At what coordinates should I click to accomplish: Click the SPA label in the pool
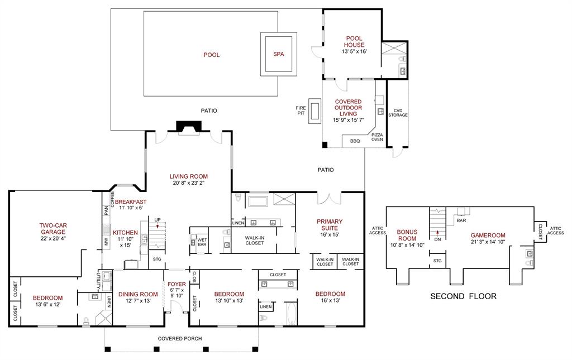[x=278, y=54]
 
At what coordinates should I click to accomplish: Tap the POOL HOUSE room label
[x=354, y=42]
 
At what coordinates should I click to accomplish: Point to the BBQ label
[x=355, y=141]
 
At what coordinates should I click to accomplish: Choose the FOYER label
[x=177, y=284]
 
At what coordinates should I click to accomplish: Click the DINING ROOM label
[x=137, y=294]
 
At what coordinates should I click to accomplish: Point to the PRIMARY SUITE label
[x=329, y=224]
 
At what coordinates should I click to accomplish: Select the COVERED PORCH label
[x=180, y=338]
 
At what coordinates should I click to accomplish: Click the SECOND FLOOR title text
[x=463, y=296]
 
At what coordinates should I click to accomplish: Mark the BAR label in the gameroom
[x=461, y=220]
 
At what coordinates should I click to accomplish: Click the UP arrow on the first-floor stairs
[x=158, y=225]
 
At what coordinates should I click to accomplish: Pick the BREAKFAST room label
[x=131, y=201]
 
